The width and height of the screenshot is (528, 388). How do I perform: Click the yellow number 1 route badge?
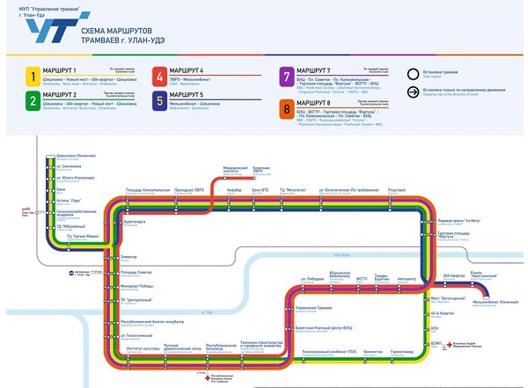coord(31,76)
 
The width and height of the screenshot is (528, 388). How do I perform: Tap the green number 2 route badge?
coord(31,100)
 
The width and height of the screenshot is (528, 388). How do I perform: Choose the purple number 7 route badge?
coord(287,76)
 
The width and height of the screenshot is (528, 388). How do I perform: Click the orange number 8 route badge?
coord(287,109)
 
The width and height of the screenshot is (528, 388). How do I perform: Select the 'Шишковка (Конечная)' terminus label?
coord(62,157)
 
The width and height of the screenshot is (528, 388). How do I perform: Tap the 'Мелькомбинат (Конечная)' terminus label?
coord(491,303)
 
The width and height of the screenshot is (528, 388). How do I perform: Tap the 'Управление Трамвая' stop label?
coord(313,307)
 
